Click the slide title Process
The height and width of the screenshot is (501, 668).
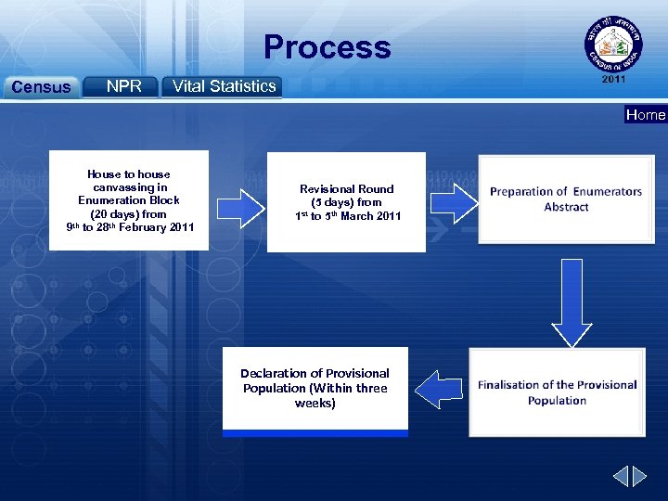(x=327, y=47)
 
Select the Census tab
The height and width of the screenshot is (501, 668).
(x=40, y=87)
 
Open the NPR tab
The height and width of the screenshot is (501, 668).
(x=123, y=86)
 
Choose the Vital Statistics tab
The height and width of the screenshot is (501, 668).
(x=224, y=86)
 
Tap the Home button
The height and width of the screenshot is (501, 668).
(x=646, y=115)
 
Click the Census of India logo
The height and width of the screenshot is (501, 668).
(x=613, y=44)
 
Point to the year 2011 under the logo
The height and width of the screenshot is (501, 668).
(x=613, y=80)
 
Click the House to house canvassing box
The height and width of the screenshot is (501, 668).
(x=130, y=200)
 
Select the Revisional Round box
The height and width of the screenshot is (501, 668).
(x=347, y=202)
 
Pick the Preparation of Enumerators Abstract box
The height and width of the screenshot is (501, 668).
(x=565, y=199)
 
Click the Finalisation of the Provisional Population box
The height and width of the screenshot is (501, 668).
(x=557, y=392)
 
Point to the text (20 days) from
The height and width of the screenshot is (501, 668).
(x=129, y=213)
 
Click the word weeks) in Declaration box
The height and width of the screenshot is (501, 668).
(x=315, y=404)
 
